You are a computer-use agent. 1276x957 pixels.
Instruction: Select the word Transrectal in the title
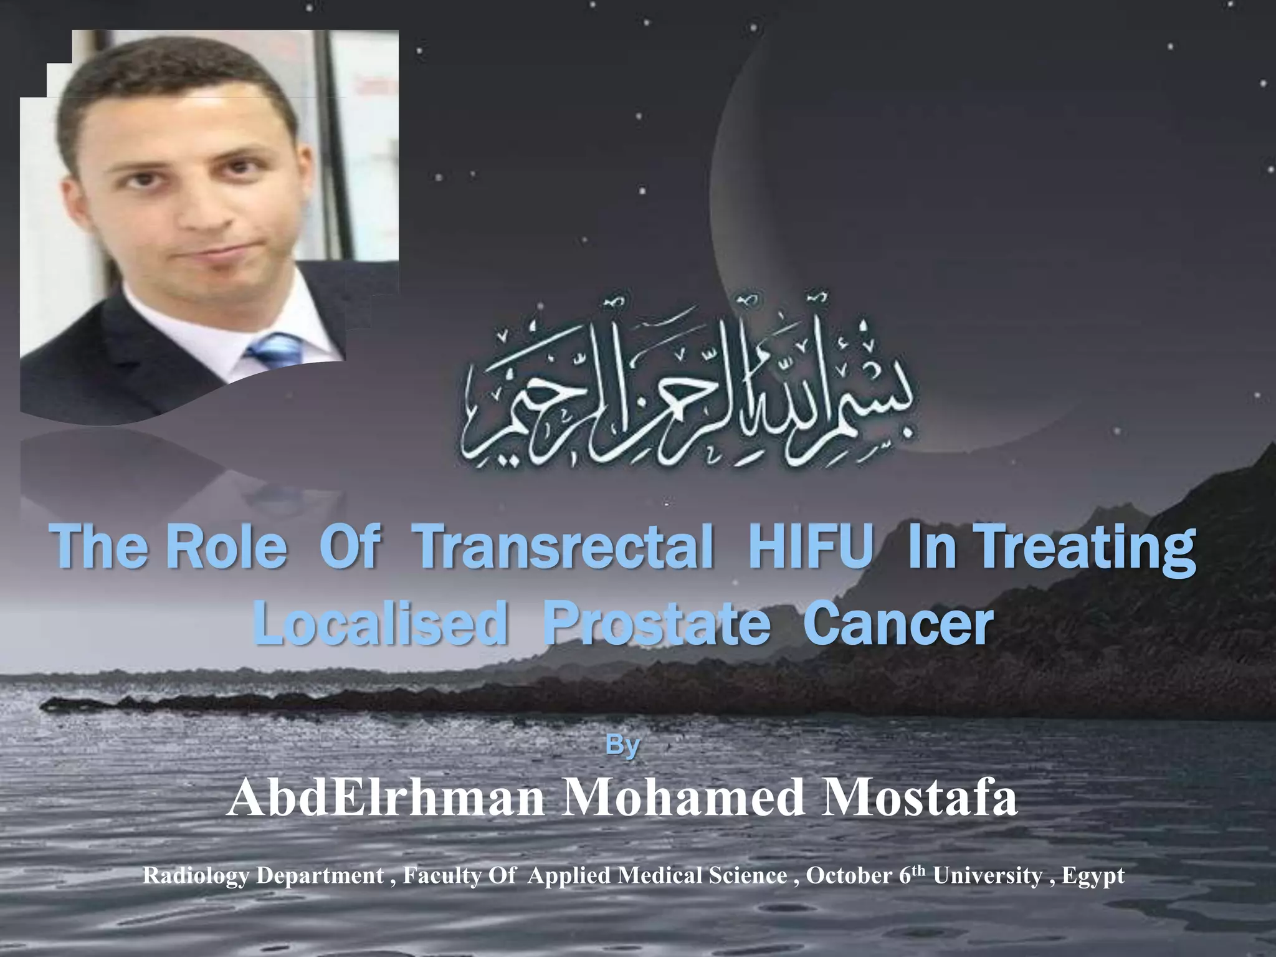pos(566,548)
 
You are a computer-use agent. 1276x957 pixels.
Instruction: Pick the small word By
pos(622,746)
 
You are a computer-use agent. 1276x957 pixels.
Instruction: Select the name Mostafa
pos(919,799)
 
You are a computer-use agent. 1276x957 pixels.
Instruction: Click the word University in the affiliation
pos(987,876)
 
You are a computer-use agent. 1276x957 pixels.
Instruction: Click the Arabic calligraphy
pos(688,399)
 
